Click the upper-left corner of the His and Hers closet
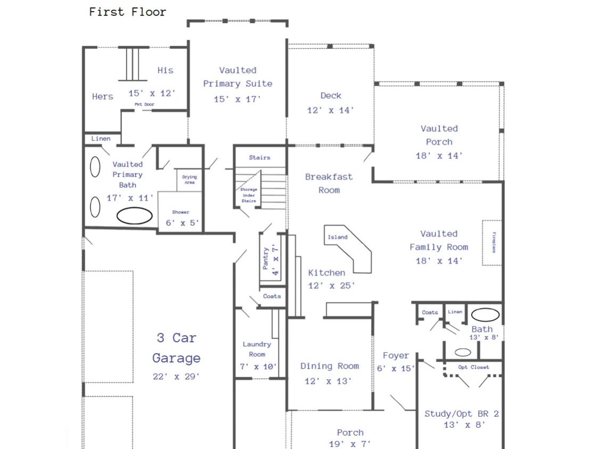click(84, 47)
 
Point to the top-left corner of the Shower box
click(158, 192)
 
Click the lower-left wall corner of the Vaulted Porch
click(374, 181)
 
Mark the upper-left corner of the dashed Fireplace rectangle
click(482, 220)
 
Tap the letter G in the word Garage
click(157, 358)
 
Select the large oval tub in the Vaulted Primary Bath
click(135, 215)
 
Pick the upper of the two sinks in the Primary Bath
click(95, 167)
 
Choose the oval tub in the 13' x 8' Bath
click(485, 314)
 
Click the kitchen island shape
click(348, 249)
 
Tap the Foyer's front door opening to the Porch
click(397, 403)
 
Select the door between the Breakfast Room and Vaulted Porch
click(368, 156)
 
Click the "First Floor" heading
click(128, 12)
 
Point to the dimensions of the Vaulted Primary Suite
click(237, 99)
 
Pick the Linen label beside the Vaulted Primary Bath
click(101, 139)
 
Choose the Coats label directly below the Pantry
click(272, 296)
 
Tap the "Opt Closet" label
click(474, 367)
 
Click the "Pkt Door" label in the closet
click(144, 104)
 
